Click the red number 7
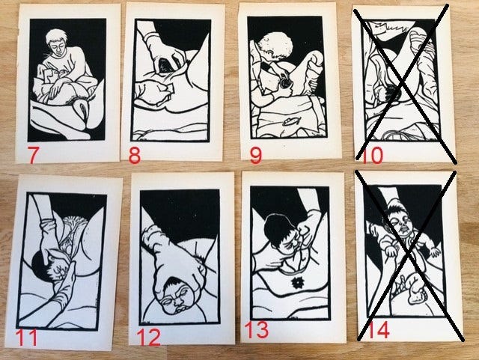coord(33,155)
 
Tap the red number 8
coord(135,155)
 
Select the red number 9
coord(256,155)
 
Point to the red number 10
coord(372,155)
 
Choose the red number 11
coord(27,338)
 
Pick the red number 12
coord(149,337)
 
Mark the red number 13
coord(257,330)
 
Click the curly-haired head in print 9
coord(274,46)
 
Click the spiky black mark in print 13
coord(296,283)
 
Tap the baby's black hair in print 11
coord(40,265)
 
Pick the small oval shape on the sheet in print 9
coord(289,122)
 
